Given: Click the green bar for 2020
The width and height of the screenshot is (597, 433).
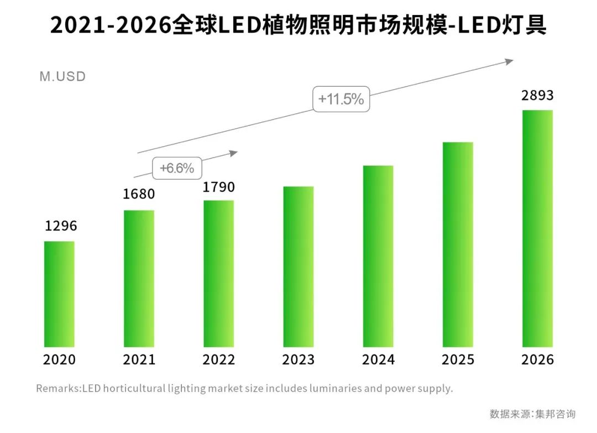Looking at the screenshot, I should [59, 294].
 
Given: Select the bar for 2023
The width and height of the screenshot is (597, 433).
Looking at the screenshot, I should [298, 267].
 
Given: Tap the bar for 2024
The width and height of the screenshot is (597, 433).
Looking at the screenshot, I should [378, 256].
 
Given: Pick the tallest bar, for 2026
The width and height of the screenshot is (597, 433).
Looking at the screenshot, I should [537, 228].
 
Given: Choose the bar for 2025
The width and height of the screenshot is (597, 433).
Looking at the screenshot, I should [458, 244].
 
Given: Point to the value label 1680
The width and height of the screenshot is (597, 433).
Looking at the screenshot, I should [139, 194].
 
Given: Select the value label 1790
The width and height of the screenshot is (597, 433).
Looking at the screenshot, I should [219, 187].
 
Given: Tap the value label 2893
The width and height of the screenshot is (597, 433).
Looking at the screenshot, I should [537, 96].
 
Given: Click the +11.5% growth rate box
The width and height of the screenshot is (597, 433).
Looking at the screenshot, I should [341, 100].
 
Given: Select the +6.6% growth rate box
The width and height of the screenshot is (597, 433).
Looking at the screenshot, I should [177, 168].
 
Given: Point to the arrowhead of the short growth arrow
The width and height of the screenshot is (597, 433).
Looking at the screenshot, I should [234, 153].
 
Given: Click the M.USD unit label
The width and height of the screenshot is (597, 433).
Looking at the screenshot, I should [62, 76].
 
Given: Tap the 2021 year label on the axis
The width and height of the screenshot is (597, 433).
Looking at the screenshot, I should [139, 360].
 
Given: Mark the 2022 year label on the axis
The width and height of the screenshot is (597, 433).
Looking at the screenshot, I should [219, 360].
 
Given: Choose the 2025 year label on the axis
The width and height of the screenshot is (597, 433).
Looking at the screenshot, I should [458, 360].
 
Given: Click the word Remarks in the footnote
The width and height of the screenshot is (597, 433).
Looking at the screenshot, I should [58, 388].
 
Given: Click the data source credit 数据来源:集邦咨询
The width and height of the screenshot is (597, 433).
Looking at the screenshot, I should [532, 414].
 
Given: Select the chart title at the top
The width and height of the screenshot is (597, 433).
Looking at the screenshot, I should [298, 25].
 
